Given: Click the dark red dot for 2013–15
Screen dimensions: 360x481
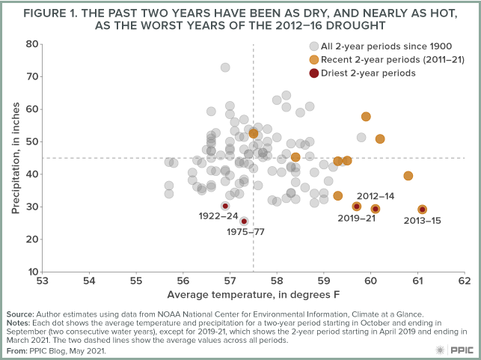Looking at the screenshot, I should [x=422, y=210].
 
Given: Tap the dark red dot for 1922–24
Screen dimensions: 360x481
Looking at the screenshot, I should [x=225, y=206].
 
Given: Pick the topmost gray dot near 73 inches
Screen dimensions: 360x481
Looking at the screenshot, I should [x=225, y=67].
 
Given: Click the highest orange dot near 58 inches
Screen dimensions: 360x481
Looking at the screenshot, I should [x=366, y=117].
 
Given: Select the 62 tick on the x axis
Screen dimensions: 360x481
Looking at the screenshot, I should [x=465, y=281].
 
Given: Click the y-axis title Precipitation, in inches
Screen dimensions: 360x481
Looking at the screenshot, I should [x=14, y=157].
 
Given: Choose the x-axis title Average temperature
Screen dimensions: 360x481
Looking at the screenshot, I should [x=254, y=294].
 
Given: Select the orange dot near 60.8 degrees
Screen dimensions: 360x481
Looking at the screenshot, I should [x=408, y=176].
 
